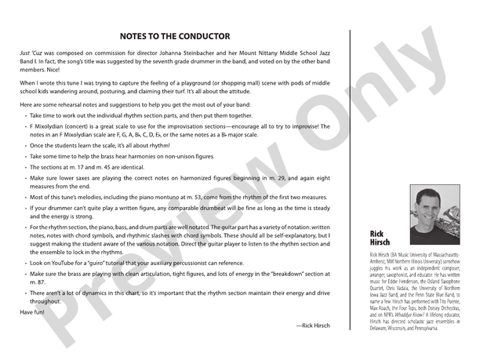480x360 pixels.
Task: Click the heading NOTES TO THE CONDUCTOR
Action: pyautogui.click(x=174, y=36)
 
